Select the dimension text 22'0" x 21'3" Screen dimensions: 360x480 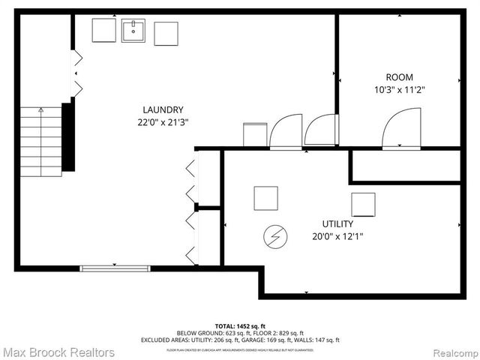(x=162, y=121)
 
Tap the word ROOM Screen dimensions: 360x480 (x=399, y=77)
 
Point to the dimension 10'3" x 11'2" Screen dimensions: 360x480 (x=399, y=89)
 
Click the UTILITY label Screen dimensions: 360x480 (x=337, y=223)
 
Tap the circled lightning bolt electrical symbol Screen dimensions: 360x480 (x=274, y=238)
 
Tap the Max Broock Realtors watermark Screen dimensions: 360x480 (x=58, y=352)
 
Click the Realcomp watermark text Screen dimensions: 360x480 (x=451, y=352)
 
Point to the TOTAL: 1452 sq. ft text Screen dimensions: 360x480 (x=239, y=325)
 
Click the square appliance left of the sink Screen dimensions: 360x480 (x=103, y=31)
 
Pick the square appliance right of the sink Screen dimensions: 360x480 (x=166, y=33)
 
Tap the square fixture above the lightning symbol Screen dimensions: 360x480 (x=265, y=198)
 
